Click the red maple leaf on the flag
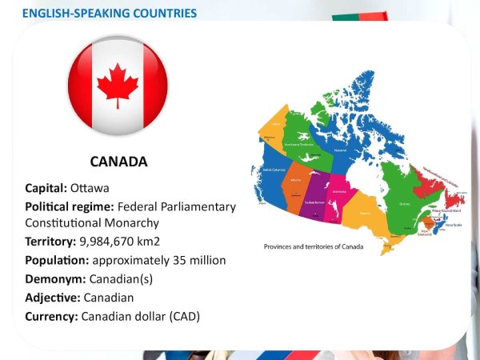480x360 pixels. (x=118, y=84)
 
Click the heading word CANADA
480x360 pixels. (x=118, y=162)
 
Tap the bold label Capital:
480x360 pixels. (x=46, y=189)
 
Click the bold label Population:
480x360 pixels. (x=57, y=260)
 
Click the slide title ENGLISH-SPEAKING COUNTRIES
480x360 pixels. (x=110, y=14)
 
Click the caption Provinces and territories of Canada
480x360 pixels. (x=314, y=246)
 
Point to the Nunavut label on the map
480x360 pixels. (x=341, y=150)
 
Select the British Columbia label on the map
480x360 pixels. (x=267, y=170)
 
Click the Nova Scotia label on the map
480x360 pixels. (x=451, y=225)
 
